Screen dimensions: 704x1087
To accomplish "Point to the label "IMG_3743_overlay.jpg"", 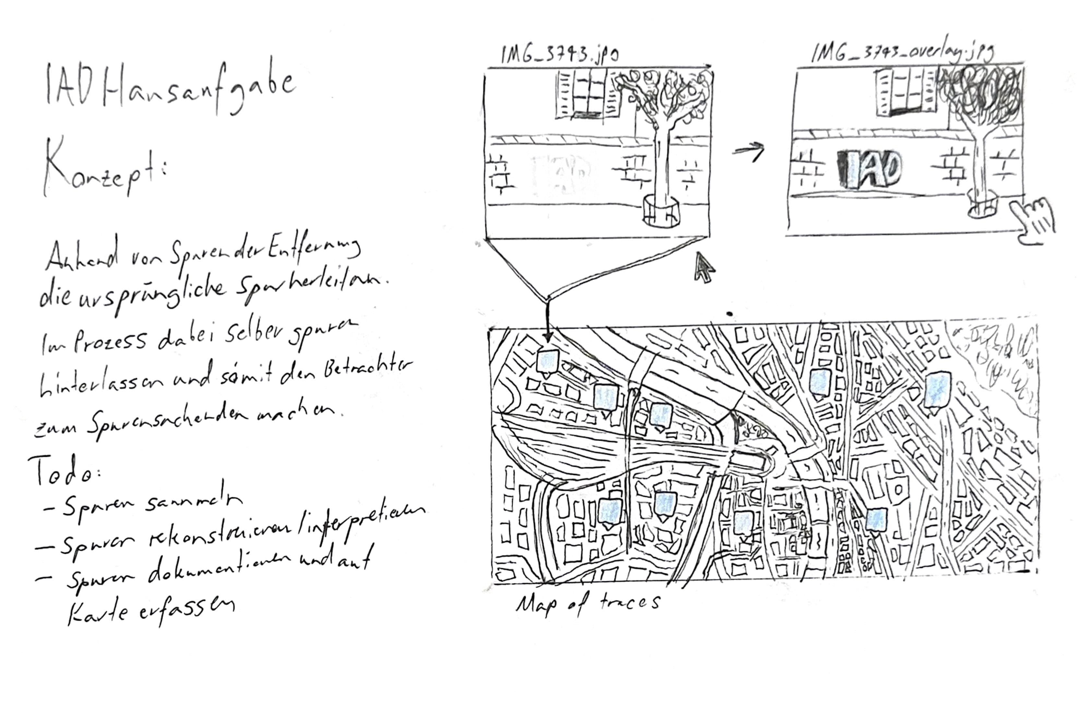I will pyautogui.click(x=902, y=53).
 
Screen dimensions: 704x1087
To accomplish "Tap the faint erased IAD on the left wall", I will pyautogui.click(x=564, y=173).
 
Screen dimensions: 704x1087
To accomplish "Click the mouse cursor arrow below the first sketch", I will pyautogui.click(x=703, y=268).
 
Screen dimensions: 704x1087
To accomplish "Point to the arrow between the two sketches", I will pyautogui.click(x=749, y=151).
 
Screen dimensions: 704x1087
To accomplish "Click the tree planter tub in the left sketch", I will pyautogui.click(x=661, y=210).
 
